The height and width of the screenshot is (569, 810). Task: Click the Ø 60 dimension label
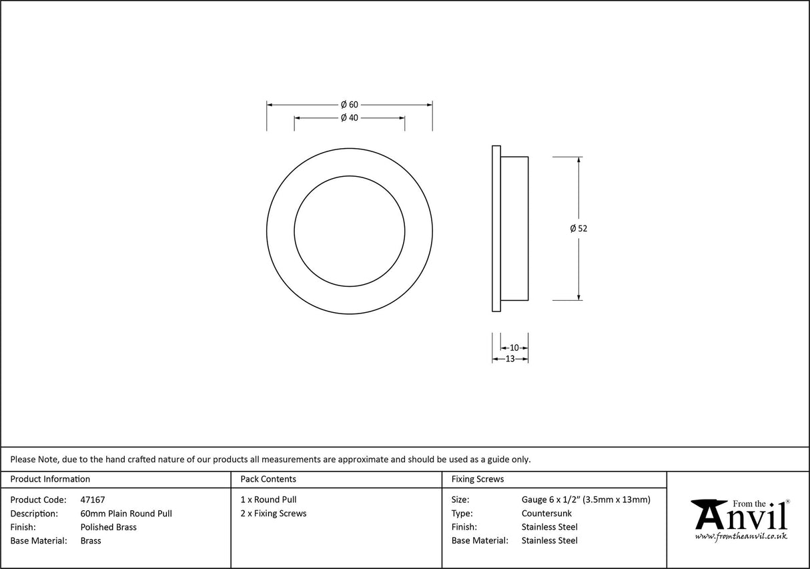350,105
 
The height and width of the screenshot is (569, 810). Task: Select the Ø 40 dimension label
350,118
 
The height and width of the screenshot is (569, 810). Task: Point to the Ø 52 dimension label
578,228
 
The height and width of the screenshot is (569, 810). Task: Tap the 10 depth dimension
514,348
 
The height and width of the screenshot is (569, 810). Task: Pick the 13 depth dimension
510,359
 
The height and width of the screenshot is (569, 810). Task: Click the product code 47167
92,500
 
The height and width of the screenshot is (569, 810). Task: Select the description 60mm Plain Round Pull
126,514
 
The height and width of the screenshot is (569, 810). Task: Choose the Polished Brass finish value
108,527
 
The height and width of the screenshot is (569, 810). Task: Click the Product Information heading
50,479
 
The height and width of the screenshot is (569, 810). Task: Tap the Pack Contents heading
268,479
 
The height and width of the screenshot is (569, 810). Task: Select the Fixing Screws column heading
478,479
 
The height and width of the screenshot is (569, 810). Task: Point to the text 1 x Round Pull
269,500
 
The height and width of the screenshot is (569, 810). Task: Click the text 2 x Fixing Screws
274,514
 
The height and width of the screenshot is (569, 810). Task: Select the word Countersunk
546,514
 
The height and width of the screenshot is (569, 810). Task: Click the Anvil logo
739,515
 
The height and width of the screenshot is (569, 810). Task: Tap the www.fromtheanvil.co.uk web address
741,536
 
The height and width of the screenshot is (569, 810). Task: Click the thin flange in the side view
496,228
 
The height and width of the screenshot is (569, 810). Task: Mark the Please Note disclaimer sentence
271,459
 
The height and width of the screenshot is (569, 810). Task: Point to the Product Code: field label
38,500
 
